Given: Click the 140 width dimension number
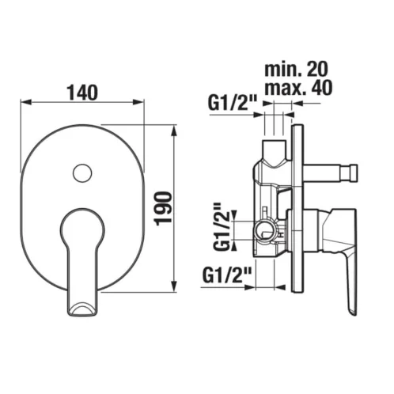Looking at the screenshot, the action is coord(82,93).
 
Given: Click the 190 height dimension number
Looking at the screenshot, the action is coord(164,209).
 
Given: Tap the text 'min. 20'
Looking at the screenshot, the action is coord(296,69).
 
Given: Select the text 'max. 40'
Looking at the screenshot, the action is coord(298,87).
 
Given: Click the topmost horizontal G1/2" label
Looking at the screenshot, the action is coord(233,103).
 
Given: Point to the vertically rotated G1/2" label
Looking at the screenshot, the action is coord(222,227).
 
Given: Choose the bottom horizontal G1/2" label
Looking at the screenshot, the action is coord(227,275).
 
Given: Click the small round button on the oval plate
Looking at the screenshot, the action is coord(82,172).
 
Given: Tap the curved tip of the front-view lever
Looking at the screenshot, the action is coord(82,309).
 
